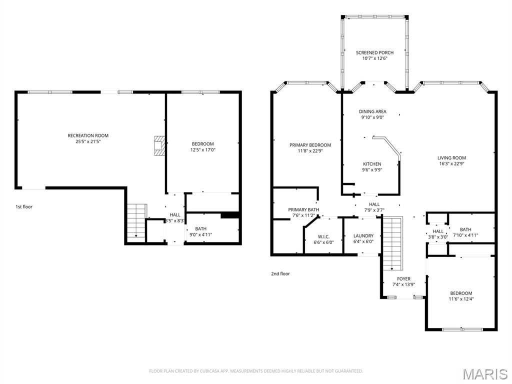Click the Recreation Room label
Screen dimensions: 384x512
point(88,135)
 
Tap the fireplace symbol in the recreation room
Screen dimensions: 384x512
point(159,145)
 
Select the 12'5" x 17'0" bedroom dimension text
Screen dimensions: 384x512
point(202,150)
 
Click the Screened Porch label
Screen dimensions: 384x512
point(374,52)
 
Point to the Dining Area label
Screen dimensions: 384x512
point(372,111)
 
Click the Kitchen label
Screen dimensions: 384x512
point(372,164)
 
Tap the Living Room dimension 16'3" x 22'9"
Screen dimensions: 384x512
point(452,164)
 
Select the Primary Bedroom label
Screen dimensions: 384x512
point(310,145)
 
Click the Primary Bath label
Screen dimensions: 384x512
point(303,209)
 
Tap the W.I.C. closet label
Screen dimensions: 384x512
point(323,236)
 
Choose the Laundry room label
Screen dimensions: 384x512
point(363,235)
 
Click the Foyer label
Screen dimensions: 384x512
point(403,279)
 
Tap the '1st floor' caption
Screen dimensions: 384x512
point(23,206)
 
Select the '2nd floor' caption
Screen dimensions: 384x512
point(280,273)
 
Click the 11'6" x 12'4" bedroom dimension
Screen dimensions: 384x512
point(461,299)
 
